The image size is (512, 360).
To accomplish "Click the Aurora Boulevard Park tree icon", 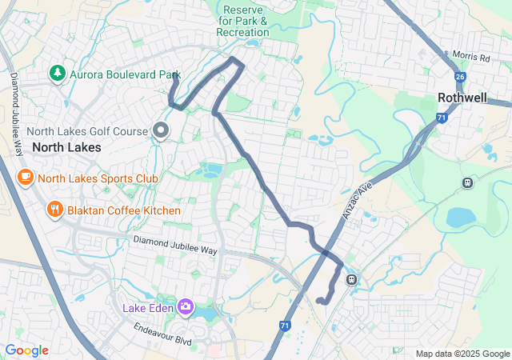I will pyautogui.click(x=57, y=74).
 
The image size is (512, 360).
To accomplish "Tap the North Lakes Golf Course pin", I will pyautogui.click(x=161, y=130).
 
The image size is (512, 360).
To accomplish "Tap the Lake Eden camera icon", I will pyautogui.click(x=186, y=306).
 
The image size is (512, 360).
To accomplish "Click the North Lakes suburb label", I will pyautogui.click(x=66, y=147).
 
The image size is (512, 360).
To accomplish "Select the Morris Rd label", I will pyautogui.click(x=470, y=58).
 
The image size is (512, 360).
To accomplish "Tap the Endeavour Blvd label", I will pyautogui.click(x=163, y=334).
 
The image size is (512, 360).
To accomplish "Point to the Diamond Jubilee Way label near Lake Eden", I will pyautogui.click(x=175, y=245).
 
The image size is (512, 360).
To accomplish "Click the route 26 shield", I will pyautogui.click(x=459, y=76).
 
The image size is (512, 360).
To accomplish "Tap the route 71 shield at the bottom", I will pyautogui.click(x=286, y=326).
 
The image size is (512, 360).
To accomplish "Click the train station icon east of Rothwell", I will pyautogui.click(x=467, y=182).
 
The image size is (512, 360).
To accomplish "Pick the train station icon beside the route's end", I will pyautogui.click(x=350, y=279).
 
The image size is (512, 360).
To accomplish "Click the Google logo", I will pyautogui.click(x=26, y=350).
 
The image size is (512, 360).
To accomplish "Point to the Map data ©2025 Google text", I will pyautogui.click(x=462, y=354).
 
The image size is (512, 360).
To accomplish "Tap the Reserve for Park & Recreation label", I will pyautogui.click(x=242, y=20).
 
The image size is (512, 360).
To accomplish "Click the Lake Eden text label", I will pyautogui.click(x=148, y=307).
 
